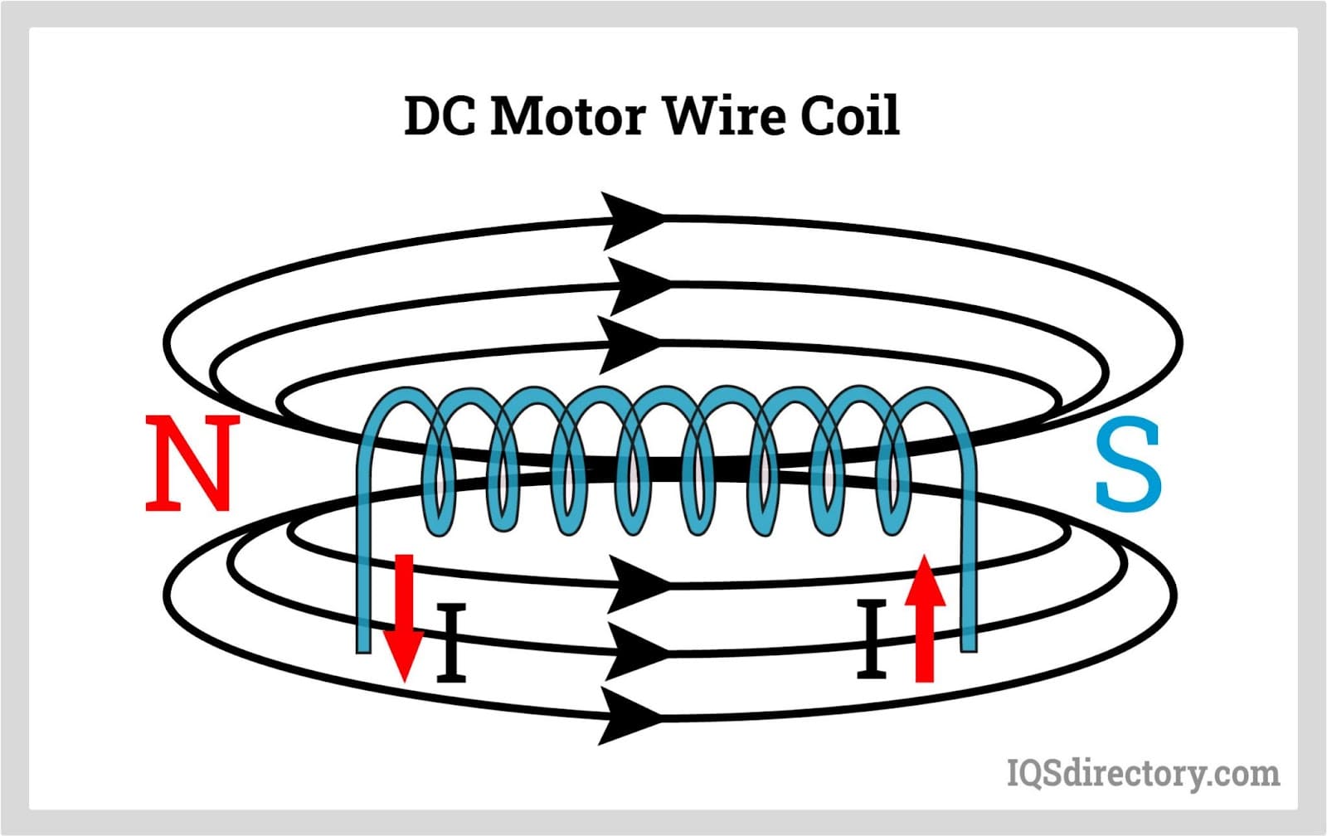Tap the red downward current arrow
point(404,618)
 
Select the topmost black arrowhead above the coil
point(630,220)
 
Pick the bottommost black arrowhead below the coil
point(630,716)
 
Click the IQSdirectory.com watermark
point(1143,773)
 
